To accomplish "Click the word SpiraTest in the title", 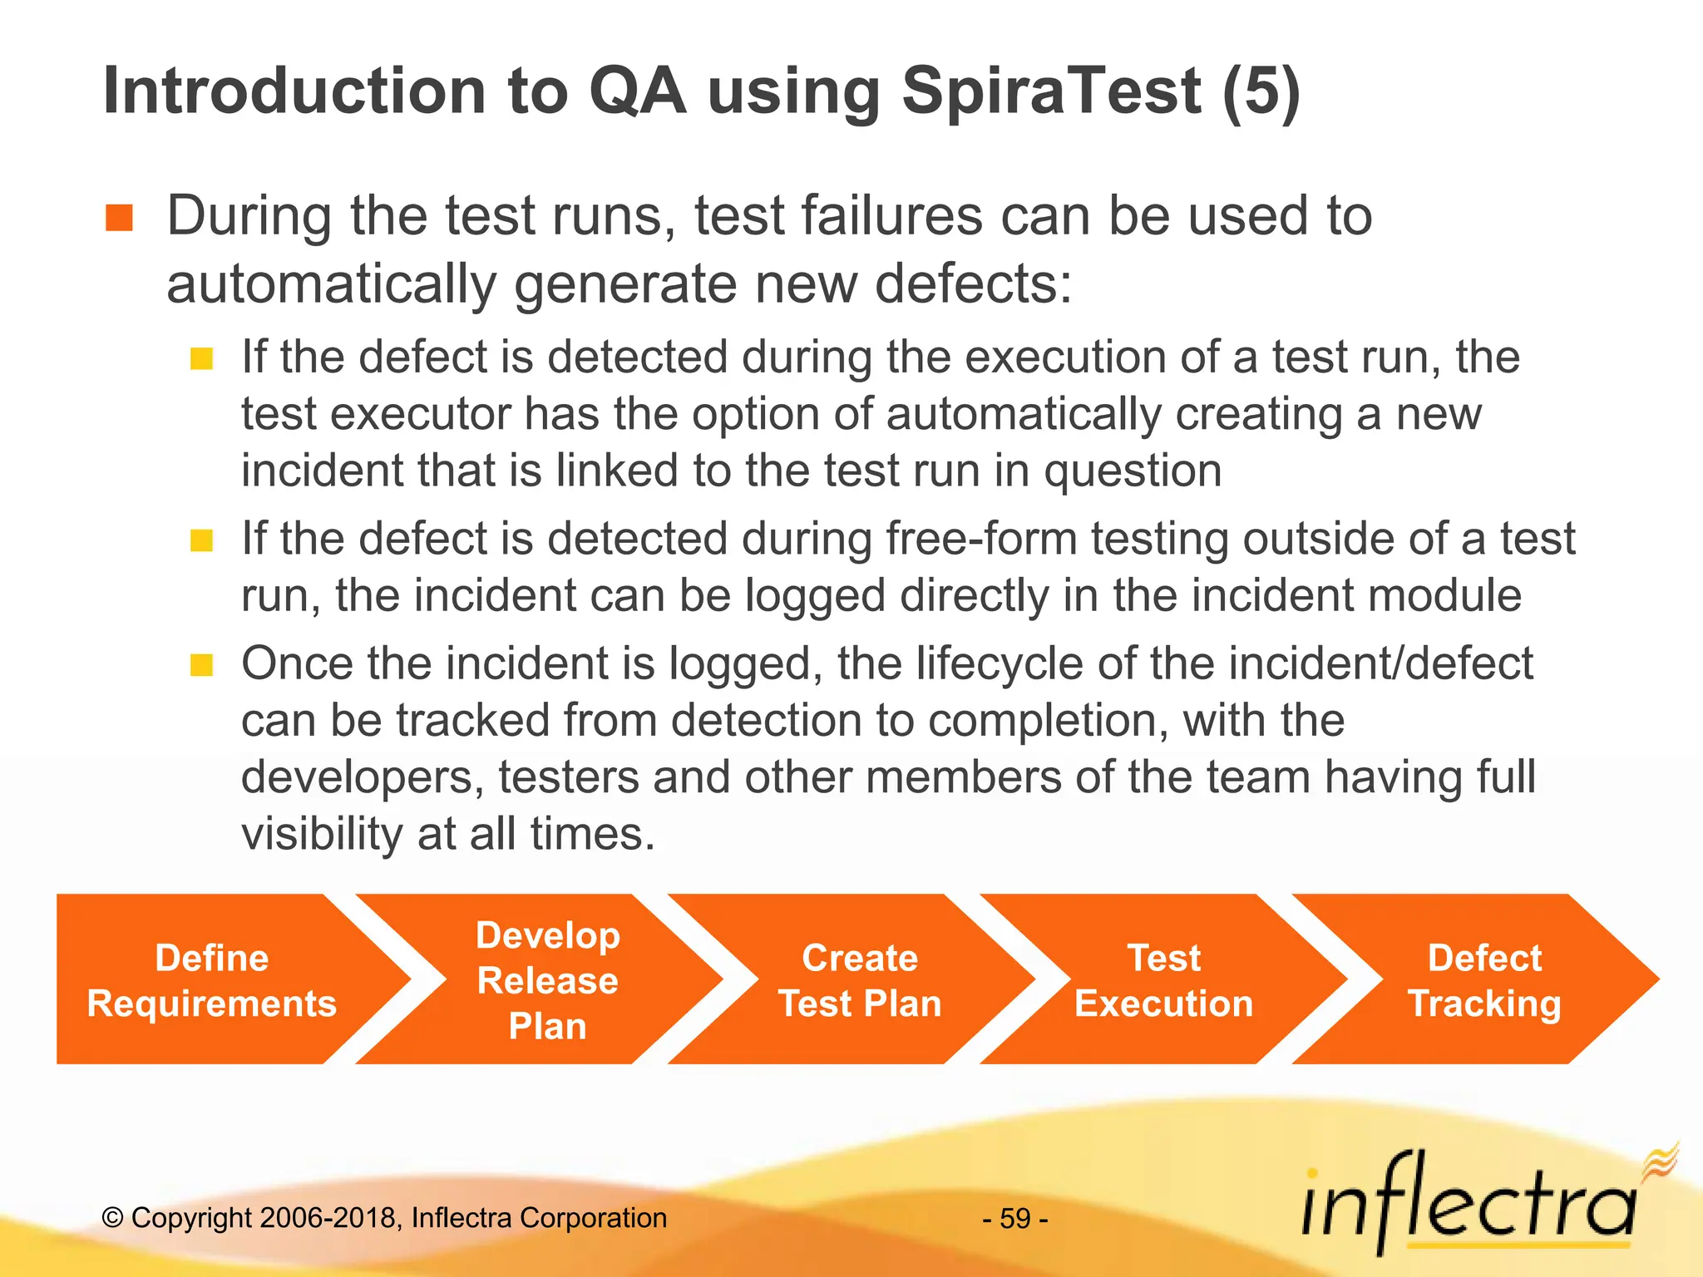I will pos(1051,92).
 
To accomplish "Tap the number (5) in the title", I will pos(1261,92).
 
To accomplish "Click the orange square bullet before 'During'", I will pos(120,219).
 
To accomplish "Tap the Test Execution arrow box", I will pos(1163,980).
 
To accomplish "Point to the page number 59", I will pos(1015,1219).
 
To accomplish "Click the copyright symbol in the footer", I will pos(113,1218).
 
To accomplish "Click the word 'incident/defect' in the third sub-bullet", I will pos(1380,664).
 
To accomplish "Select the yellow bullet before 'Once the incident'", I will pos(202,665).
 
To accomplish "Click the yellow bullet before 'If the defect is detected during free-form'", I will pos(202,541).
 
